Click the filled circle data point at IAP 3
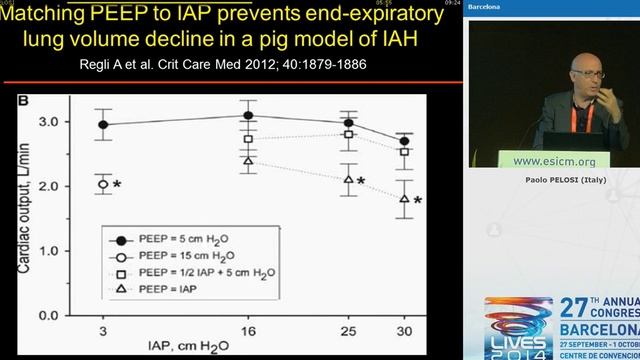click(103, 125)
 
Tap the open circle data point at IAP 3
click(103, 184)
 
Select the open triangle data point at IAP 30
click(404, 198)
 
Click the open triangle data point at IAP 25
click(349, 180)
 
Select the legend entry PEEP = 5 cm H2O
click(184, 240)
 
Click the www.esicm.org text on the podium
click(553, 160)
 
